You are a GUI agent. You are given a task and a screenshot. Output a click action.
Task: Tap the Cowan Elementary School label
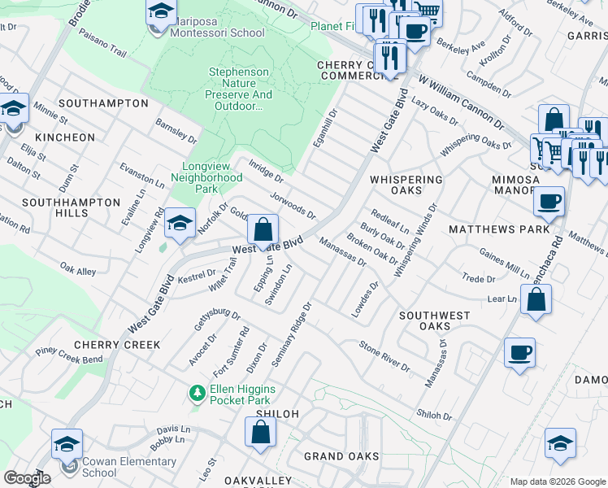[129, 467]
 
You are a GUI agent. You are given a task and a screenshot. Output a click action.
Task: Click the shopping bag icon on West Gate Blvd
[263, 230]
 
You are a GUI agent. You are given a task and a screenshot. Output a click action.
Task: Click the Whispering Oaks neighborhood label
[406, 185]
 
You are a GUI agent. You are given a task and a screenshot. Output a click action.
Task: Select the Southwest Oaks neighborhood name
[434, 320]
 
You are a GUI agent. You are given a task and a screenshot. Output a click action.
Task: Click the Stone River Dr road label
[384, 356]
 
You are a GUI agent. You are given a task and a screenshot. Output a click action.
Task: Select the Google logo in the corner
[27, 478]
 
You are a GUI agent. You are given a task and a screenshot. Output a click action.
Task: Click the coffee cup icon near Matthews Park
[549, 202]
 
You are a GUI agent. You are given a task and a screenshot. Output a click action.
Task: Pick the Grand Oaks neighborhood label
[341, 456]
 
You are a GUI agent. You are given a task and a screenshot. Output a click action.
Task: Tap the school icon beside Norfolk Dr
[180, 223]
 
